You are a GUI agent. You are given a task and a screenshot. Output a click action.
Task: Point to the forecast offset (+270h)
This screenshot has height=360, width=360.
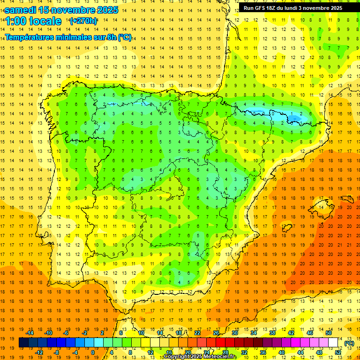pos(83,21)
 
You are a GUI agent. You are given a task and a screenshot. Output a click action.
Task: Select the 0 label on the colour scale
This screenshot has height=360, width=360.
pos(93,352)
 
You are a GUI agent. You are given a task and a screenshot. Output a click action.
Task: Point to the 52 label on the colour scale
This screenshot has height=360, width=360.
pos(338,352)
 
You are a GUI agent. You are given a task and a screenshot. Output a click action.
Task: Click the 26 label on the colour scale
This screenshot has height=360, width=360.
pos(216,333)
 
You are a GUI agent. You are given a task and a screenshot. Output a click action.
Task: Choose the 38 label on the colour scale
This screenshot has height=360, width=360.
pos(272,333)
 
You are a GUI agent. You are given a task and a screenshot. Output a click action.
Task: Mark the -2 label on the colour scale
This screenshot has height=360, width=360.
pos(84,333)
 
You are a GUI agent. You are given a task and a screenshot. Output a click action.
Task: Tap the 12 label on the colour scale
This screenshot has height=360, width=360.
pos(150,352)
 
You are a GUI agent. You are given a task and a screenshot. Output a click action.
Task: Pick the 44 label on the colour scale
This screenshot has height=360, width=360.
pos(300,352)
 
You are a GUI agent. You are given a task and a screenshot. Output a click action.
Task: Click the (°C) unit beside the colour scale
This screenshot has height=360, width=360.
pos(349,343)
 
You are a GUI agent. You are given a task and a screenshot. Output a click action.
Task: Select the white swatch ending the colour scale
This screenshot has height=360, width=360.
pos(333,343)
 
